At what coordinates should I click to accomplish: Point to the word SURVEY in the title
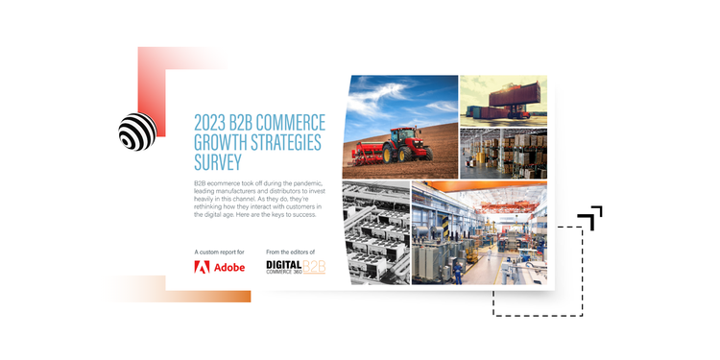(217, 162)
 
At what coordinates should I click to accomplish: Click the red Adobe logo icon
(202, 267)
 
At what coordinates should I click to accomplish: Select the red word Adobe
(229, 267)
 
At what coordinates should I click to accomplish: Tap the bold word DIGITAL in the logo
(284, 265)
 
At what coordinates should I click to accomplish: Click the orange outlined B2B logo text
(314, 267)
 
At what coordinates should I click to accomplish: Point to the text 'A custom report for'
(220, 252)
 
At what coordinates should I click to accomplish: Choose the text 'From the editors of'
(291, 252)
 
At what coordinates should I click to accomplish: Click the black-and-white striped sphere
(137, 132)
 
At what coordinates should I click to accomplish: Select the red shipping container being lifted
(515, 95)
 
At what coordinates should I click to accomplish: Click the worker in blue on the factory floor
(457, 273)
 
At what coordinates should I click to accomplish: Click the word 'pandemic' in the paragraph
(302, 183)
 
